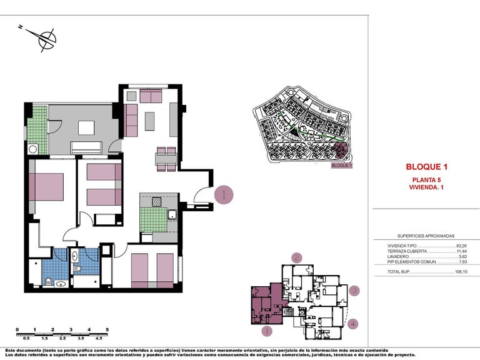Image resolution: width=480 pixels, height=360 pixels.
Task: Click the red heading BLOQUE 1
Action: coord(427,167)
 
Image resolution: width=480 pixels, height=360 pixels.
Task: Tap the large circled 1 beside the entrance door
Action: coord(223,194)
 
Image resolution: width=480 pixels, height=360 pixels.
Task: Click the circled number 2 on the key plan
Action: coord(297,257)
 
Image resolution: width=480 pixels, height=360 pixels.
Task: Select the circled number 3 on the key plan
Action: coord(354,291)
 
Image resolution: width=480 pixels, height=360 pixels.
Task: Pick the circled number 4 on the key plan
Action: coord(354,324)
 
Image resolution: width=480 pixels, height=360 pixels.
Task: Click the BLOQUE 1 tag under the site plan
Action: coord(341,166)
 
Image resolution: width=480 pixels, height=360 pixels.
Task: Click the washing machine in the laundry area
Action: coord(33,149)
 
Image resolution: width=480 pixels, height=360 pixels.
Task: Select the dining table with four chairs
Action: coord(166,159)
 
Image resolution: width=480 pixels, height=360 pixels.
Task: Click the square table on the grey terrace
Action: coord(86,127)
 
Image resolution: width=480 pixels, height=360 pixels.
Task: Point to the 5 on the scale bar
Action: coord(107,329)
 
